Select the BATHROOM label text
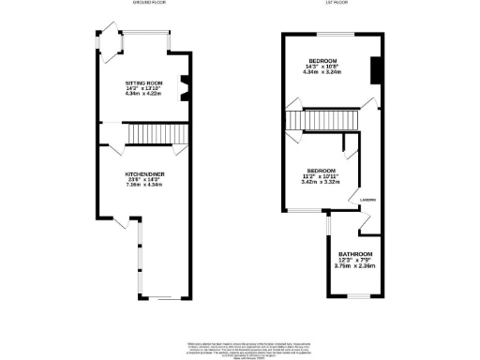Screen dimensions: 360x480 356,255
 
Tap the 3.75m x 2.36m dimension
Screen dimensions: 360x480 356,267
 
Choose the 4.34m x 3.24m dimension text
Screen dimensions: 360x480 322,73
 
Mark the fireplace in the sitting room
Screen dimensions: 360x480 184,86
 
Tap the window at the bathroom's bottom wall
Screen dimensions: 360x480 356,295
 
